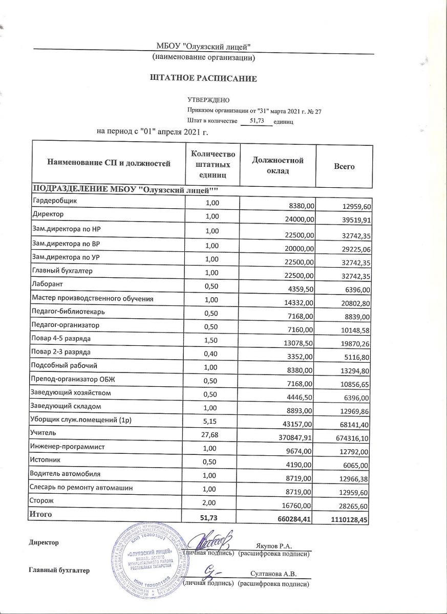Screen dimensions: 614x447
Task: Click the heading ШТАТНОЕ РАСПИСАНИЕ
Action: click(x=203, y=78)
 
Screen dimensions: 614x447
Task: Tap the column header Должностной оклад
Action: click(x=278, y=165)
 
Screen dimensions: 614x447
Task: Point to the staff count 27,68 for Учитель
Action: click(x=211, y=434)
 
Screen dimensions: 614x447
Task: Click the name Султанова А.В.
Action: click(x=274, y=574)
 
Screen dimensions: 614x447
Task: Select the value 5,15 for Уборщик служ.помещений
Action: click(x=211, y=420)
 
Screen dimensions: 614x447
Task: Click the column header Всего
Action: click(x=344, y=166)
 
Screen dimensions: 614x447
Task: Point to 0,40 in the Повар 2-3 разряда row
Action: click(x=211, y=352)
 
